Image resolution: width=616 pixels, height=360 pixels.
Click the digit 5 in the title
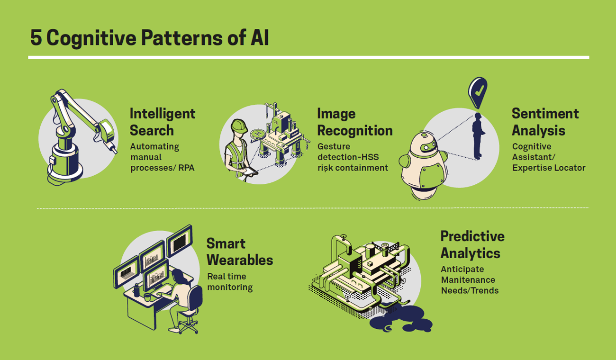(x=36, y=37)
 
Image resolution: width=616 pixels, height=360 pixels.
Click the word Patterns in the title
(x=182, y=37)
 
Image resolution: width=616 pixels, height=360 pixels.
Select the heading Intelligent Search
(x=163, y=122)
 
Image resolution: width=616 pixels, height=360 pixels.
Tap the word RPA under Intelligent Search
(x=186, y=168)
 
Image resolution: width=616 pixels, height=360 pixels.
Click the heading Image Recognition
(x=355, y=122)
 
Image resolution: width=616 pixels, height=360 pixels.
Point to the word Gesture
(x=334, y=146)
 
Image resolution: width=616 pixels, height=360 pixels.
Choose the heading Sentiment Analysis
(x=545, y=122)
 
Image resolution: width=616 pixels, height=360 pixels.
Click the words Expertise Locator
(x=549, y=168)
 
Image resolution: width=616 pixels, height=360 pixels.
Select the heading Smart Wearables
(x=239, y=252)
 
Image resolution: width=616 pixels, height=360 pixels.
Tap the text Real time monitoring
(x=230, y=282)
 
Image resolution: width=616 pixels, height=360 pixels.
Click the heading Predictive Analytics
(x=472, y=244)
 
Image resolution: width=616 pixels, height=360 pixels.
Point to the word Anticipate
(x=462, y=269)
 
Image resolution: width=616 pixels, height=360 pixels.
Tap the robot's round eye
(x=426, y=148)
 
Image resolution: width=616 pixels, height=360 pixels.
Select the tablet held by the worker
(x=250, y=172)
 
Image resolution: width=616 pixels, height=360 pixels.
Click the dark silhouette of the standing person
(x=478, y=136)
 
